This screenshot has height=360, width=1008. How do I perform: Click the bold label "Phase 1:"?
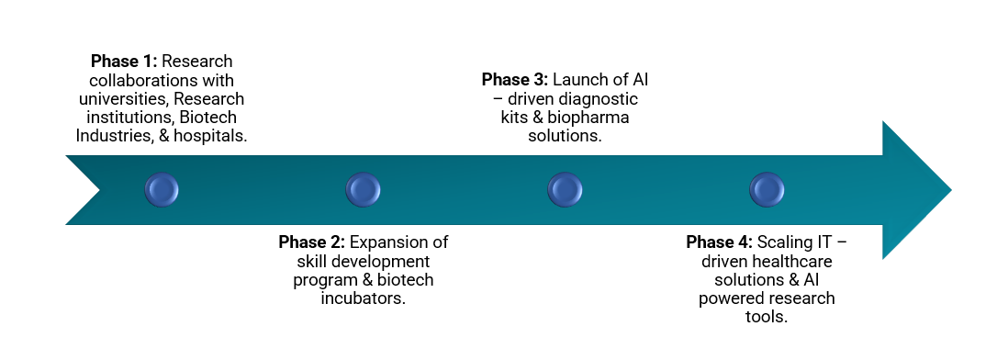(124, 62)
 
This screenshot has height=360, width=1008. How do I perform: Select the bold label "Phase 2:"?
(312, 242)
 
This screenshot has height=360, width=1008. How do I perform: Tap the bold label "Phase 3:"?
(515, 80)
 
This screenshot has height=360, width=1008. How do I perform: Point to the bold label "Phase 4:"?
(719, 242)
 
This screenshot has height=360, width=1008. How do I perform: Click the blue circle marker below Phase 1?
(162, 189)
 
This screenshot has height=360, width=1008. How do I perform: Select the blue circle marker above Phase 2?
(364, 189)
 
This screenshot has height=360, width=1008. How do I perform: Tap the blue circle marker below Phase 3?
(566, 189)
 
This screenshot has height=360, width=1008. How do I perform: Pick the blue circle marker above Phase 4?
(767, 189)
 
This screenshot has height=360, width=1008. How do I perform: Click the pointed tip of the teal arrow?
(951, 189)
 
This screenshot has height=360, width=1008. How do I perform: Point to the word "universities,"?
(123, 99)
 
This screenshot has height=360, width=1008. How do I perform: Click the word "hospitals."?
(210, 136)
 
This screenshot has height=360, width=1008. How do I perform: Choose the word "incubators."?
(364, 299)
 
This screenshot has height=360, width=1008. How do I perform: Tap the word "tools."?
(767, 318)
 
